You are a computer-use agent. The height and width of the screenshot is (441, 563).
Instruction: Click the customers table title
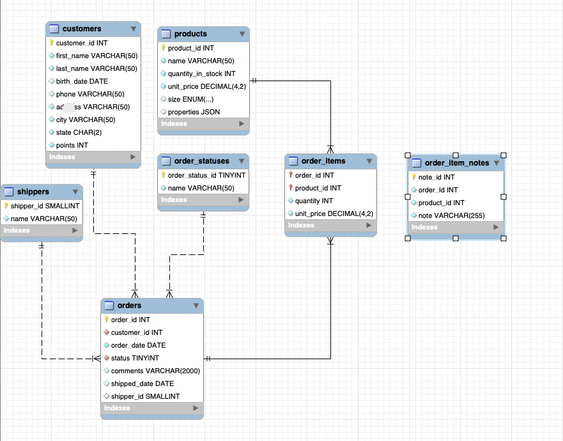[82, 29]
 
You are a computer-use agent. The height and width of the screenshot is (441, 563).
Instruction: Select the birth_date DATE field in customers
[82, 81]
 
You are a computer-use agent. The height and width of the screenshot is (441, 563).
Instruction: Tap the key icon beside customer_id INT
[51, 43]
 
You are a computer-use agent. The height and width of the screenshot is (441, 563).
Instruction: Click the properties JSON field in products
[194, 112]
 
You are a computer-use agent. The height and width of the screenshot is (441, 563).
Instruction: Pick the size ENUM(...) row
[190, 99]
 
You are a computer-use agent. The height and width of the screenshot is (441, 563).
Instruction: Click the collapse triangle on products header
[242, 34]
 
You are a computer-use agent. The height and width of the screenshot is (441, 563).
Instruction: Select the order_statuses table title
[201, 161]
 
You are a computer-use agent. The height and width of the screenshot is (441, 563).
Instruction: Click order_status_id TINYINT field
[206, 175]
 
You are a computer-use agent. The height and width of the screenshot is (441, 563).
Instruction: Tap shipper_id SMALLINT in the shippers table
[45, 206]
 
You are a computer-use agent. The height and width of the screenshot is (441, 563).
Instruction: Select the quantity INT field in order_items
[314, 201]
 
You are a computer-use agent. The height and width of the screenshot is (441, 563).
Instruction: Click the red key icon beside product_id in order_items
[290, 188]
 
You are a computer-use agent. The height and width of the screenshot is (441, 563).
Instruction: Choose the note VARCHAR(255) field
[451, 215]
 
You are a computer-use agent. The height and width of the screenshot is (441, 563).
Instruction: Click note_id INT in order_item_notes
[436, 177]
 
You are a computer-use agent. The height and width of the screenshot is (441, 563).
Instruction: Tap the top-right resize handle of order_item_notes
[504, 155]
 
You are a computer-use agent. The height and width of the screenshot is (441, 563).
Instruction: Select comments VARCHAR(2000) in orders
[155, 371]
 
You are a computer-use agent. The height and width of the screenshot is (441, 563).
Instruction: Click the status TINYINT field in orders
[135, 358]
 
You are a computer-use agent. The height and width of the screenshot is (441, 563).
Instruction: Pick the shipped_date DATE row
[142, 383]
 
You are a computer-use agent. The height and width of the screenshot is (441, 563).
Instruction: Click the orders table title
[129, 306]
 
